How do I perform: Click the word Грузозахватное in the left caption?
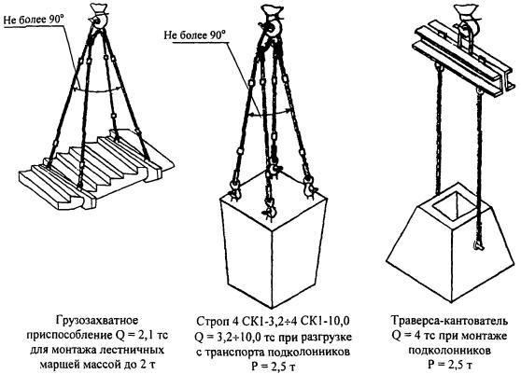97,321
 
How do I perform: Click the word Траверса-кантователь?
449,321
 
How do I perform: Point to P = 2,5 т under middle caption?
273,367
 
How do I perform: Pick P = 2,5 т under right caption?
449,365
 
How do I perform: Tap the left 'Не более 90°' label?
34,20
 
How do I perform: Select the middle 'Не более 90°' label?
195,35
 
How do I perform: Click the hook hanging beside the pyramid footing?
478,245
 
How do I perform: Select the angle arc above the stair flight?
97,90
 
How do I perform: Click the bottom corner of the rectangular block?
274,307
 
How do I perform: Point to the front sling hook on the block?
270,207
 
